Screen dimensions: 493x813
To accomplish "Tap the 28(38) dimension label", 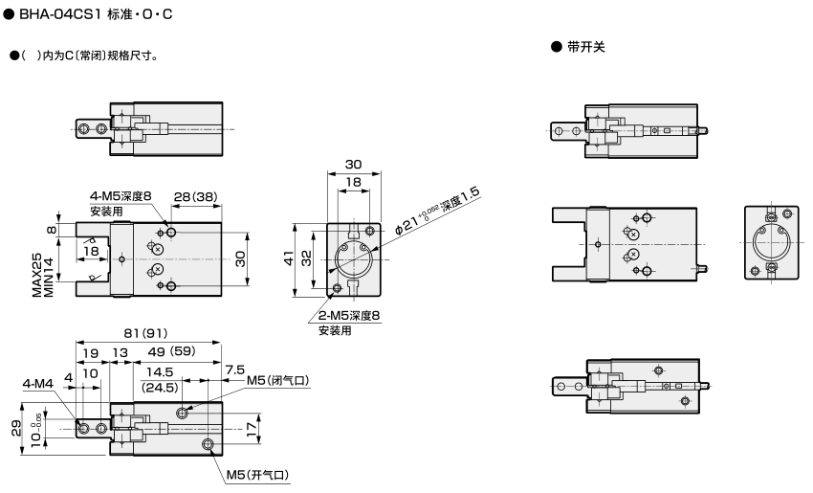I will pos(195,197).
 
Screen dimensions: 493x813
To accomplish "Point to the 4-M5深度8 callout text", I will pos(121,196).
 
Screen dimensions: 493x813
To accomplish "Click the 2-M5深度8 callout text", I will pos(349,316).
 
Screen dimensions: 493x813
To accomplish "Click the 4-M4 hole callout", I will pos(38,385).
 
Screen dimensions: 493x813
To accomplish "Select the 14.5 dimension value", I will pos(159,371).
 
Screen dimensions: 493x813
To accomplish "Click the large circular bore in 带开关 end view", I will pos(771,243).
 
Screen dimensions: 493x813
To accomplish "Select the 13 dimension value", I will pos(120,352).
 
